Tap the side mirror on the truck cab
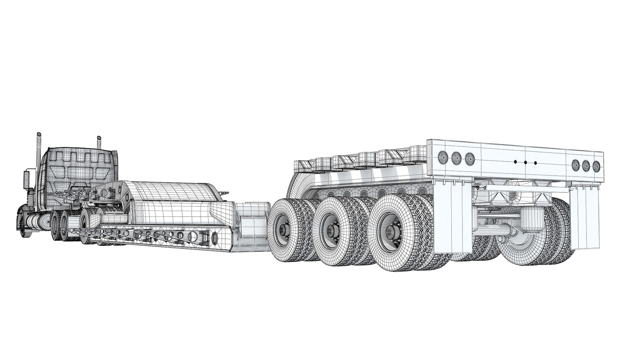point(27,180)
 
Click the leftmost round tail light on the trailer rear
point(443,156)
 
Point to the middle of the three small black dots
point(525,163)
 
